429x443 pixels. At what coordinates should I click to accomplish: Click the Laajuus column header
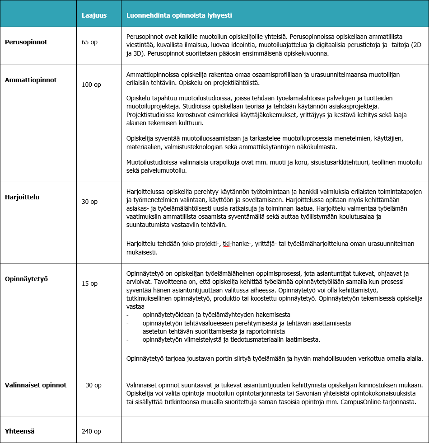tap(94, 15)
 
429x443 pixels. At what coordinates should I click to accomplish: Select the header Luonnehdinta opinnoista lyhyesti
tap(179, 15)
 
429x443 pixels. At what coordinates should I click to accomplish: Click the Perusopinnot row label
tap(26, 42)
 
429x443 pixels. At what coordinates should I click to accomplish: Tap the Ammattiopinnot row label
tap(31, 80)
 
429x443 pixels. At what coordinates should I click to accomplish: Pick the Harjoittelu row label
tap(22, 197)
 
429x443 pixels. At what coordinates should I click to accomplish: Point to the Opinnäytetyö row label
tap(27, 279)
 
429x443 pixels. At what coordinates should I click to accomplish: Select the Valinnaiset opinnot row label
tap(36, 385)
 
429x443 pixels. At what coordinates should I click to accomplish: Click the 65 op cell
tap(89, 42)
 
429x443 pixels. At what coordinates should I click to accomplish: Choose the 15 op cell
tap(89, 283)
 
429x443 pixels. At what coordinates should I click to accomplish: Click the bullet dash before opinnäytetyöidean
tap(128, 315)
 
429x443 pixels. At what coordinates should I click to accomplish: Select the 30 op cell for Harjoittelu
tap(89, 202)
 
